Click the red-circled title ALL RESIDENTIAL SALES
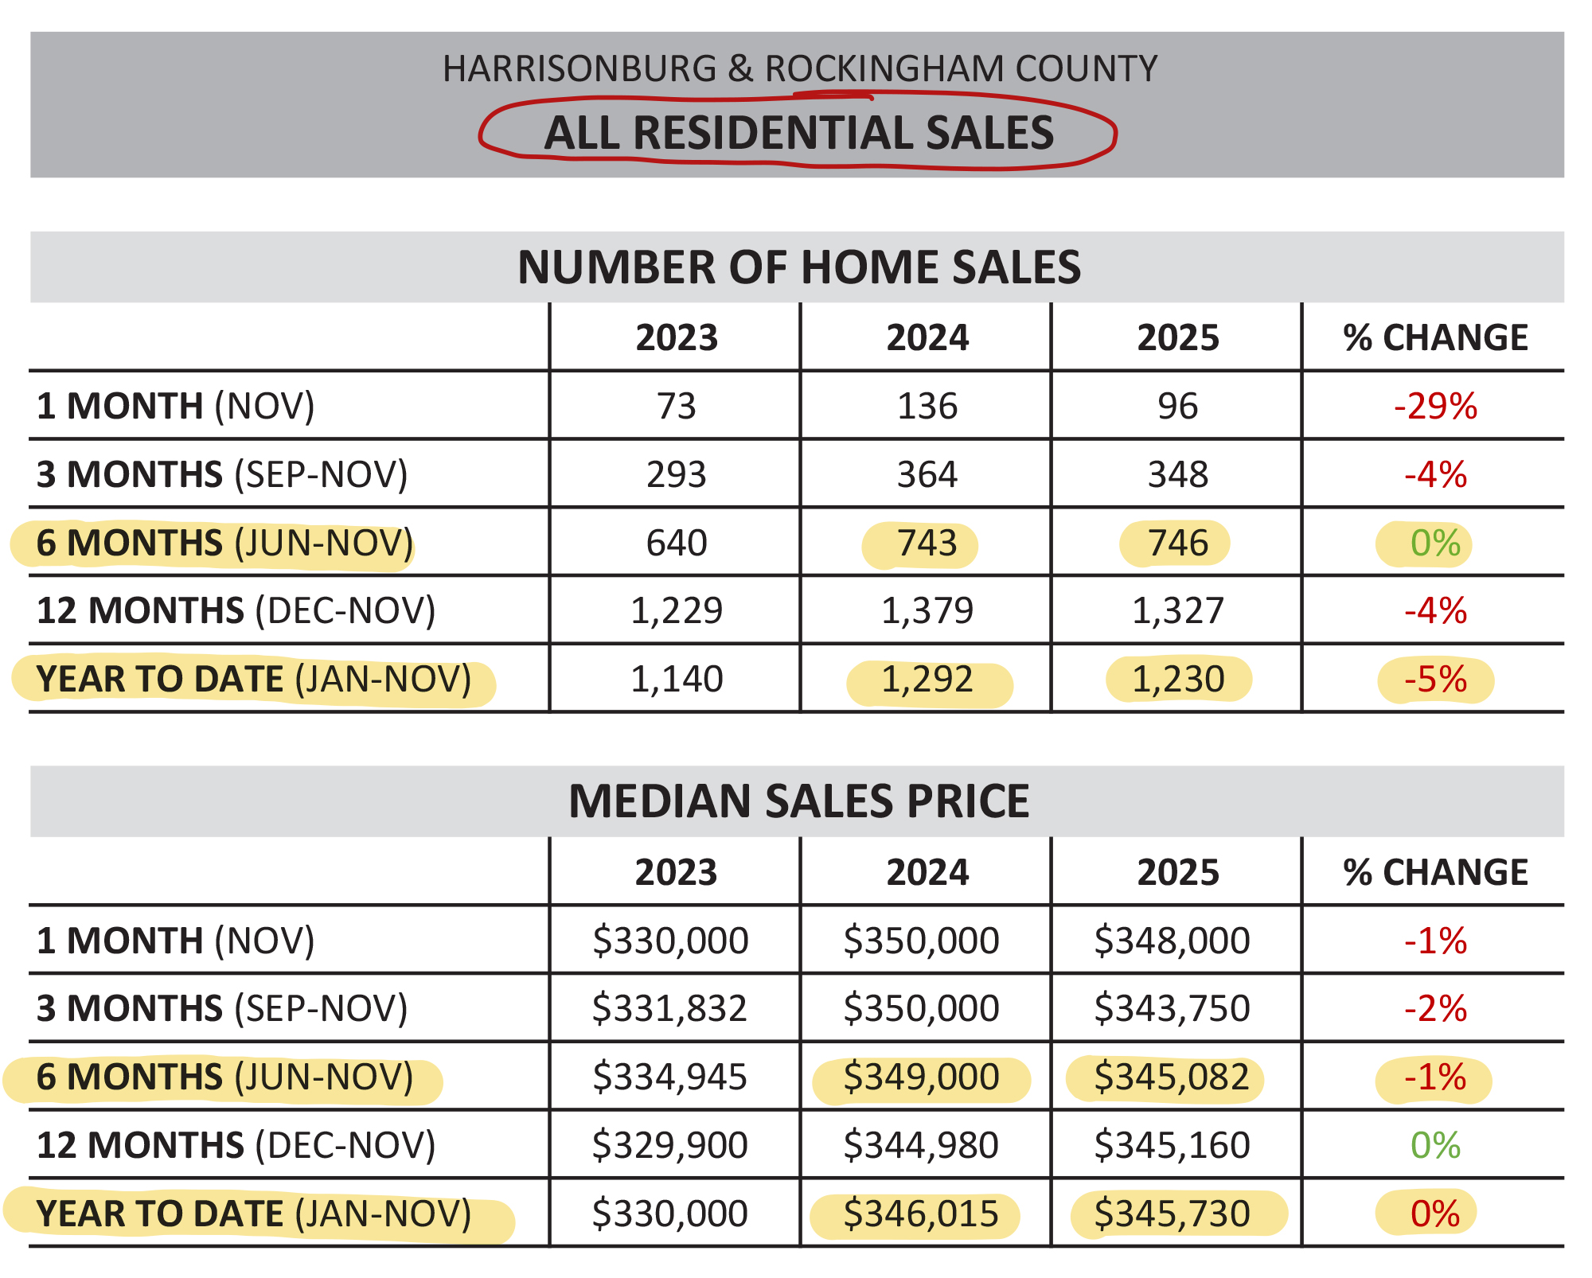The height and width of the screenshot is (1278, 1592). tap(798, 132)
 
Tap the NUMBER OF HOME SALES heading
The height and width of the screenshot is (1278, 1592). tap(798, 267)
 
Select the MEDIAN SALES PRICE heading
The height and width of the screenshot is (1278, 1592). tap(798, 801)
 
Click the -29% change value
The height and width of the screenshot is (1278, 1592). tap(1435, 406)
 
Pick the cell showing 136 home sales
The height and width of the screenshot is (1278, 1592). tap(927, 406)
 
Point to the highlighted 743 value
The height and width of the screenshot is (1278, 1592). tap(927, 544)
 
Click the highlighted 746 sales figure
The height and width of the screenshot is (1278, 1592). tap(1177, 544)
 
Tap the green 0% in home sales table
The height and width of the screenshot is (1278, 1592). tap(1434, 544)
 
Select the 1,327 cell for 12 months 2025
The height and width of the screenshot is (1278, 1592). tap(1177, 611)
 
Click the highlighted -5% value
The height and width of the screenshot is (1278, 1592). tap(1435, 680)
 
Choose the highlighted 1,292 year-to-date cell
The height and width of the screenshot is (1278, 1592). tap(927, 680)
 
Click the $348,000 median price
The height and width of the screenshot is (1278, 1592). tap(1172, 941)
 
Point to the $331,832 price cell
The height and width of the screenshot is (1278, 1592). tap(669, 1008)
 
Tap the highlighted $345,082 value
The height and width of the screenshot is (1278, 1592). tap(1172, 1077)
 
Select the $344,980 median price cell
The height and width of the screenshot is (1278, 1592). tap(921, 1145)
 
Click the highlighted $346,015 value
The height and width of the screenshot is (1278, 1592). tap(921, 1214)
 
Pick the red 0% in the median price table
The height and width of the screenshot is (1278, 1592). tap(1434, 1214)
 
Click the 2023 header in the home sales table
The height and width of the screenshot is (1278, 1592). tap(676, 337)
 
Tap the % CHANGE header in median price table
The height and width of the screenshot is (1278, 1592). tap(1434, 872)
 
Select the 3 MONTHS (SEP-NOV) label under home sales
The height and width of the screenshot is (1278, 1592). tap(222, 474)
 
